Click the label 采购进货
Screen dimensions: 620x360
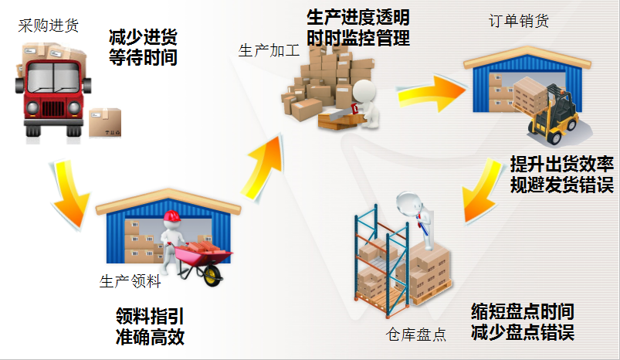coord(48,25)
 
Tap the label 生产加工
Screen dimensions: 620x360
coord(269,51)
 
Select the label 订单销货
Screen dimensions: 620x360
coord(519,21)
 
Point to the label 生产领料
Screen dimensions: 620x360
coord(130,281)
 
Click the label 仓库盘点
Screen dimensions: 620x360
coord(416,335)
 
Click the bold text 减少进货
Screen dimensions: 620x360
coord(143,38)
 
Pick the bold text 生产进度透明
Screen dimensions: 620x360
coord(358,18)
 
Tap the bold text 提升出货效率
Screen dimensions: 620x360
coord(562,163)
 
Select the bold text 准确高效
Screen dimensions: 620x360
coord(151,337)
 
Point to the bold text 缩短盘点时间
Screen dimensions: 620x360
coord(523,311)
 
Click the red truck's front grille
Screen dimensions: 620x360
coord(53,108)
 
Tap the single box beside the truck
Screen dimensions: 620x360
coord(105,123)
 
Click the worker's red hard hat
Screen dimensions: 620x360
coord(171,216)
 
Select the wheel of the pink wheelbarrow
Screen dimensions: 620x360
coord(213,275)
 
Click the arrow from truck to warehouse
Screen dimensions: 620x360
coord(70,194)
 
